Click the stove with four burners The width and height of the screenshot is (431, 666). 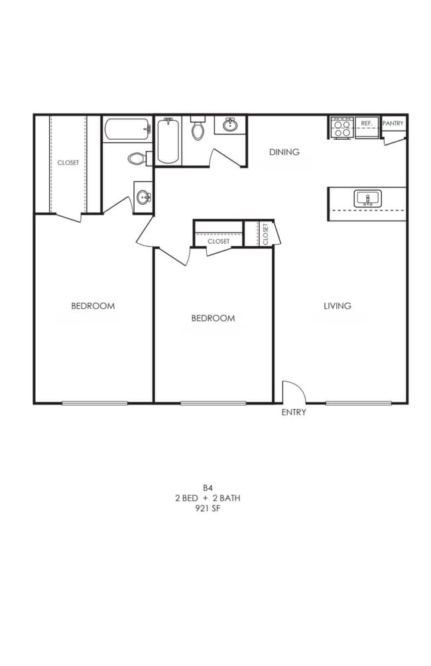pos(342,128)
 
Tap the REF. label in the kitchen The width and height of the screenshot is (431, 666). pos(367,124)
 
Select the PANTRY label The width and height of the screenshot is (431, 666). pos(393,124)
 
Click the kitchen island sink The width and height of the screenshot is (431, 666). pos(366,198)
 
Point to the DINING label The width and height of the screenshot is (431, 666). pos(284,152)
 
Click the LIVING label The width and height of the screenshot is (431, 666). pos(337,305)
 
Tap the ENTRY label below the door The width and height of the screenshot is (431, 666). pos(294,412)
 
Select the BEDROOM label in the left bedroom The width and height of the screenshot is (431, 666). pos(93,305)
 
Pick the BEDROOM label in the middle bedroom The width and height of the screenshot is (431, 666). pos(213,318)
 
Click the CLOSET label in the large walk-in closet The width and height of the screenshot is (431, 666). pos(68,162)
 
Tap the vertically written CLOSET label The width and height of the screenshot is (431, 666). pos(266,234)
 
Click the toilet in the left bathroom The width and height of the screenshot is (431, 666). pos(137,159)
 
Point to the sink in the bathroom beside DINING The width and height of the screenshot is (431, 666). pos(231,125)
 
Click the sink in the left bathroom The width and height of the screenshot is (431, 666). pos(143,197)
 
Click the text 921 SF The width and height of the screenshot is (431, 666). pos(208,508)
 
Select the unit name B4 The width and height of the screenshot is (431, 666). pos(208,487)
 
